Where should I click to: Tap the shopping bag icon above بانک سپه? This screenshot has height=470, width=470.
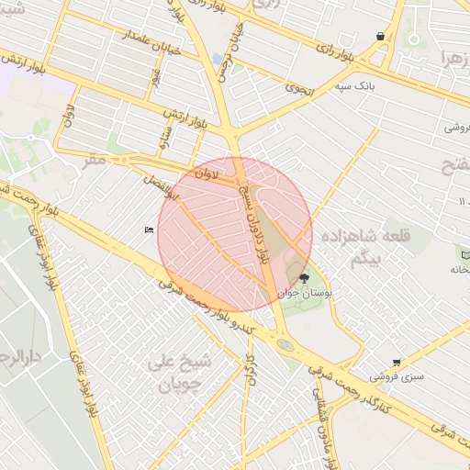click(380, 37)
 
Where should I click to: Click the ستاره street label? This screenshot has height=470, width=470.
click(166, 137)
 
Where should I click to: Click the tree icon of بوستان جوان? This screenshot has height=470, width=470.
click(304, 277)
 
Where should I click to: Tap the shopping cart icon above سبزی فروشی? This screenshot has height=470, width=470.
click(396, 363)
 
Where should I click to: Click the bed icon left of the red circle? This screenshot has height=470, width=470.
click(149, 229)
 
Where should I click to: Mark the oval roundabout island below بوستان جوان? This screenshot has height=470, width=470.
click(285, 346)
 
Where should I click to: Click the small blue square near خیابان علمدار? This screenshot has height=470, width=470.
click(218, 59)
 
